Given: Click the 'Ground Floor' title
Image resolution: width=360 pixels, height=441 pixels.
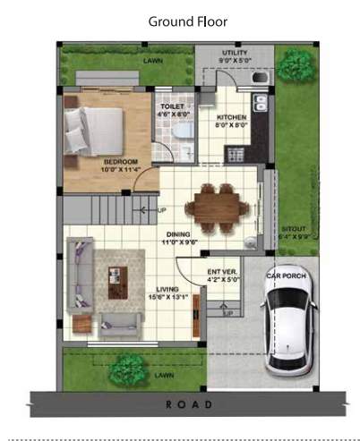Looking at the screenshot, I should tap(187, 21).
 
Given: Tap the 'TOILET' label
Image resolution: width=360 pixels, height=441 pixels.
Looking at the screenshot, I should tap(173, 106).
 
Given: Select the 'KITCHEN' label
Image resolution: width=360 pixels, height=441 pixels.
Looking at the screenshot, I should tap(233, 117).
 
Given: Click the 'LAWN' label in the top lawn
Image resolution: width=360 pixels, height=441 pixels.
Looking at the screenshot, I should tap(150, 61).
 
